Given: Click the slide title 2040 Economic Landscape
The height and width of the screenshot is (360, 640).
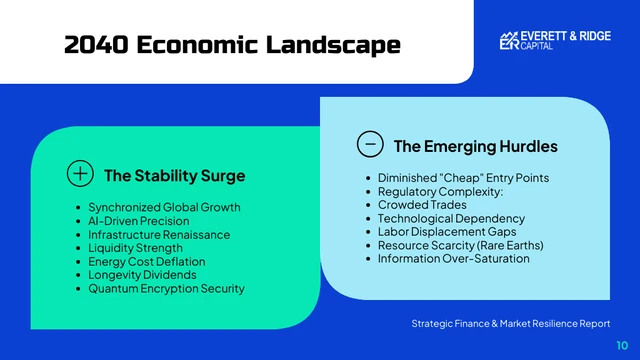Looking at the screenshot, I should coord(232,45).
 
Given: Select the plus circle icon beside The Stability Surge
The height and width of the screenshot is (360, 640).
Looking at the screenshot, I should coord(79,174).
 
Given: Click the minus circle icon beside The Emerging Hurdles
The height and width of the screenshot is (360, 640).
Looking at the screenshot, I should coord(369,144).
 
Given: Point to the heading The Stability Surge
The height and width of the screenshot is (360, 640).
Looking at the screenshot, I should coord(174,176).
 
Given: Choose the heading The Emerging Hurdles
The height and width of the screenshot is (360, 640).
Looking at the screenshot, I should coord(475,146).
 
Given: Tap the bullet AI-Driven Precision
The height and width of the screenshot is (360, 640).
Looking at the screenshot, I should coord(138,221).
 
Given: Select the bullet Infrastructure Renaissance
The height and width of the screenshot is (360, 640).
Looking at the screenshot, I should coord(158,234).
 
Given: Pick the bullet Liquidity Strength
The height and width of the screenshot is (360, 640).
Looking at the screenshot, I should coord(135,248).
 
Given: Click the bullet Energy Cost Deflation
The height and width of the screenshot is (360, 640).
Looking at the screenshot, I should coord(148,261).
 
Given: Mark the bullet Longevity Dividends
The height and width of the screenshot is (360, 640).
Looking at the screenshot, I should coord(142,274).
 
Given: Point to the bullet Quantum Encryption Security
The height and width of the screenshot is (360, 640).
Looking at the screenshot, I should coord(166,288).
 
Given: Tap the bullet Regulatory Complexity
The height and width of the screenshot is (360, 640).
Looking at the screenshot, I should coord(440,191).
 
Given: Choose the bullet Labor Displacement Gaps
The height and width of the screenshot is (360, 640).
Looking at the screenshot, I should coord(448,232).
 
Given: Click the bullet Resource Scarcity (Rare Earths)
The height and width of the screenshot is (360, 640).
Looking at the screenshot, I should coord(460,245).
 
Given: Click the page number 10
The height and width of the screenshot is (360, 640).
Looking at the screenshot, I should coord(621,344).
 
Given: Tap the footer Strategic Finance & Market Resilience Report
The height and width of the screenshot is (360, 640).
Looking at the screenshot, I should coord(510,324).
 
